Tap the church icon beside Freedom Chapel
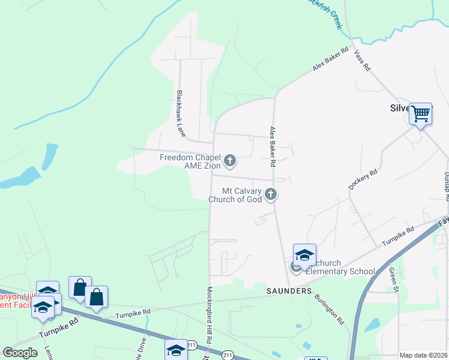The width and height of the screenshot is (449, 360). (x=229, y=161)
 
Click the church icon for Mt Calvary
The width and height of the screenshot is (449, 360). (x=271, y=194)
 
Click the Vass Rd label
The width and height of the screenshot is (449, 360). (x=363, y=61)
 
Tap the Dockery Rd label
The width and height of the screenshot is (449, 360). (x=363, y=180)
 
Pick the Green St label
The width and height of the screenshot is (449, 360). (x=394, y=280)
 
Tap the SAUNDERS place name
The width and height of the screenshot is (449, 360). (x=289, y=291)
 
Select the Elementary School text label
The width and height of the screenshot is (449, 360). (x=340, y=271)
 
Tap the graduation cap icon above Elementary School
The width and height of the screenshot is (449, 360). (x=304, y=254)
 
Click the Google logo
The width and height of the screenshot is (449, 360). (x=20, y=353)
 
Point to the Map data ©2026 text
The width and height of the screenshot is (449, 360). (x=423, y=355)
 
